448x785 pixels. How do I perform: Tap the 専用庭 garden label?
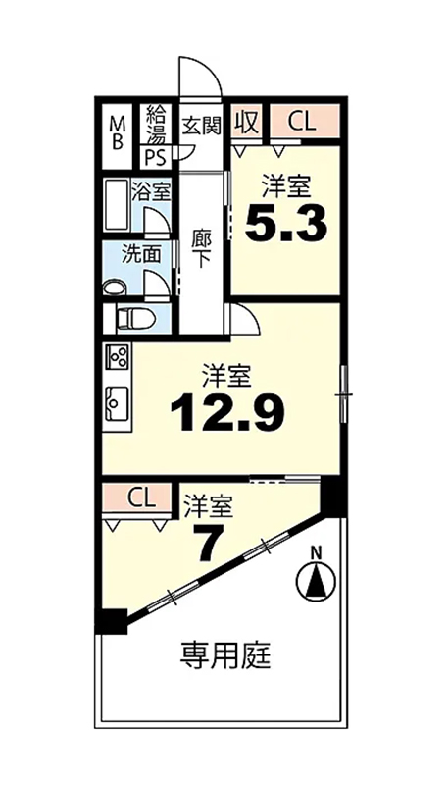(x=225, y=655)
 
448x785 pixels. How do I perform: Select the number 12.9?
(x=227, y=412)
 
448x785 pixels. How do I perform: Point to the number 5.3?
(x=286, y=223)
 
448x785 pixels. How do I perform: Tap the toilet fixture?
(x=135, y=319)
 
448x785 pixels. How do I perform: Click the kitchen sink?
(x=117, y=404)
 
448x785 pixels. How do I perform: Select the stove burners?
(x=117, y=357)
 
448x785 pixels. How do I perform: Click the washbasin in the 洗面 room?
(x=116, y=288)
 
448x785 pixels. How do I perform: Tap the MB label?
(x=117, y=132)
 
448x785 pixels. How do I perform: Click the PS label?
(x=155, y=158)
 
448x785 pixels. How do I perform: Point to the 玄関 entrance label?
(x=201, y=126)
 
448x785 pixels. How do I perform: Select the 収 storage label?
(x=247, y=121)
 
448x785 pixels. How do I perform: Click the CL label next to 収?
(x=302, y=122)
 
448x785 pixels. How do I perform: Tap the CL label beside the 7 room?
(x=142, y=497)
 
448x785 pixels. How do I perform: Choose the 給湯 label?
(x=155, y=126)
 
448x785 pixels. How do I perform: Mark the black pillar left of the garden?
(x=112, y=621)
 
